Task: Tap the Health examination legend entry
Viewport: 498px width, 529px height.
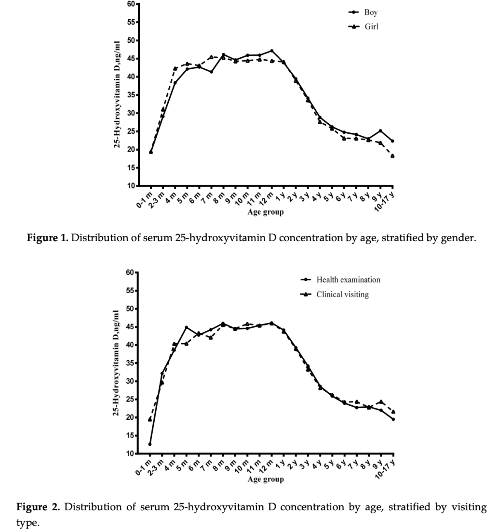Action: [x=348, y=280]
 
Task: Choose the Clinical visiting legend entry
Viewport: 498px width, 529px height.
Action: [x=342, y=295]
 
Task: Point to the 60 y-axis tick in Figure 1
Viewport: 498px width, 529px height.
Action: [x=131, y=4]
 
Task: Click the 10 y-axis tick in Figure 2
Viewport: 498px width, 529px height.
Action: [x=131, y=454]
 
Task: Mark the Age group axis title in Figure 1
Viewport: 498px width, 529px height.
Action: [x=266, y=212]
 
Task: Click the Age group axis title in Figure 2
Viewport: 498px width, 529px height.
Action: [x=266, y=479]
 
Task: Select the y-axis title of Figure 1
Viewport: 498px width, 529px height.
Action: [x=117, y=94]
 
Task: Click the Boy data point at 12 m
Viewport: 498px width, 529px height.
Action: [x=272, y=51]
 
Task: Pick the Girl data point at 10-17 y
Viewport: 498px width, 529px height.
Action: [x=392, y=156]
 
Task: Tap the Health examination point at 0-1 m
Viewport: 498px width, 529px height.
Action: [x=150, y=444]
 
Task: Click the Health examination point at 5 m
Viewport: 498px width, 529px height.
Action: [x=187, y=327]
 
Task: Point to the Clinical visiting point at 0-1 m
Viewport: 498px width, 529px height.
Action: [x=150, y=419]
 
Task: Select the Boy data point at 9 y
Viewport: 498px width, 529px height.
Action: [x=380, y=131]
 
